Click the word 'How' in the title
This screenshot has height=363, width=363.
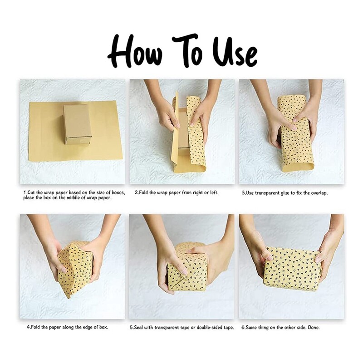[x=135, y=51]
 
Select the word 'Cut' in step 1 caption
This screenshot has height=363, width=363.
[x=32, y=192]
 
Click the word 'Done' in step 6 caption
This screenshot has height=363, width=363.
[x=314, y=328]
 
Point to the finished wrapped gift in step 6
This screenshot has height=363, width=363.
[x=292, y=269]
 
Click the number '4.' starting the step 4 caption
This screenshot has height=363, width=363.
[x=29, y=328]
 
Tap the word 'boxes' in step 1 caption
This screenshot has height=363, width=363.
[x=118, y=192]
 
